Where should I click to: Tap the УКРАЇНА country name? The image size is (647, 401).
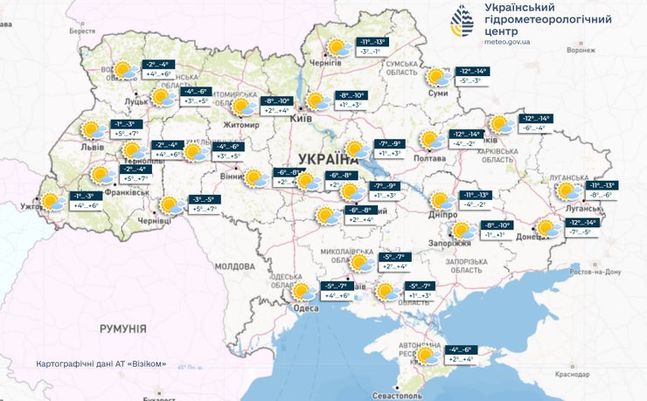[329, 158]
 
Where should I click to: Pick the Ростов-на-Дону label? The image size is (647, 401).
[594, 272]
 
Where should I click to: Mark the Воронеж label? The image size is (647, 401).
[581, 50]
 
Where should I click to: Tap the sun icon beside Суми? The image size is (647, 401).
[435, 76]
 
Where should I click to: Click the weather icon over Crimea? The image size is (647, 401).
[428, 355]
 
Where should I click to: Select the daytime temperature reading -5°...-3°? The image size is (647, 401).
[471, 81]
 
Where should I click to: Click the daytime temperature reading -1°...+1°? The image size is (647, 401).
[495, 236]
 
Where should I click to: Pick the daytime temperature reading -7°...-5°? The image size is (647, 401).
[581, 232]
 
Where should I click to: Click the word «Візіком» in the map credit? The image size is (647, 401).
[146, 363]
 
